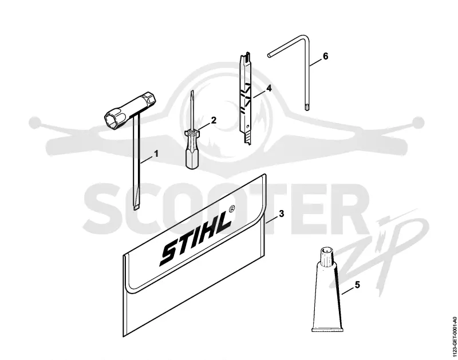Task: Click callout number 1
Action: (156, 153)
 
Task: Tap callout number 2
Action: (214, 120)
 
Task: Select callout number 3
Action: (281, 213)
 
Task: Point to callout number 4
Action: (269, 88)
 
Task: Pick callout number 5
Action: (357, 284)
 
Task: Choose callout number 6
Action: (325, 56)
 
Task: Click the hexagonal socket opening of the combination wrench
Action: (112, 118)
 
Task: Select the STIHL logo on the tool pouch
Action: (195, 239)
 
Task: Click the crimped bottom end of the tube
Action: (326, 330)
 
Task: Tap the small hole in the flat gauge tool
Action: (248, 127)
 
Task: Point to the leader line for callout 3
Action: (271, 219)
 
